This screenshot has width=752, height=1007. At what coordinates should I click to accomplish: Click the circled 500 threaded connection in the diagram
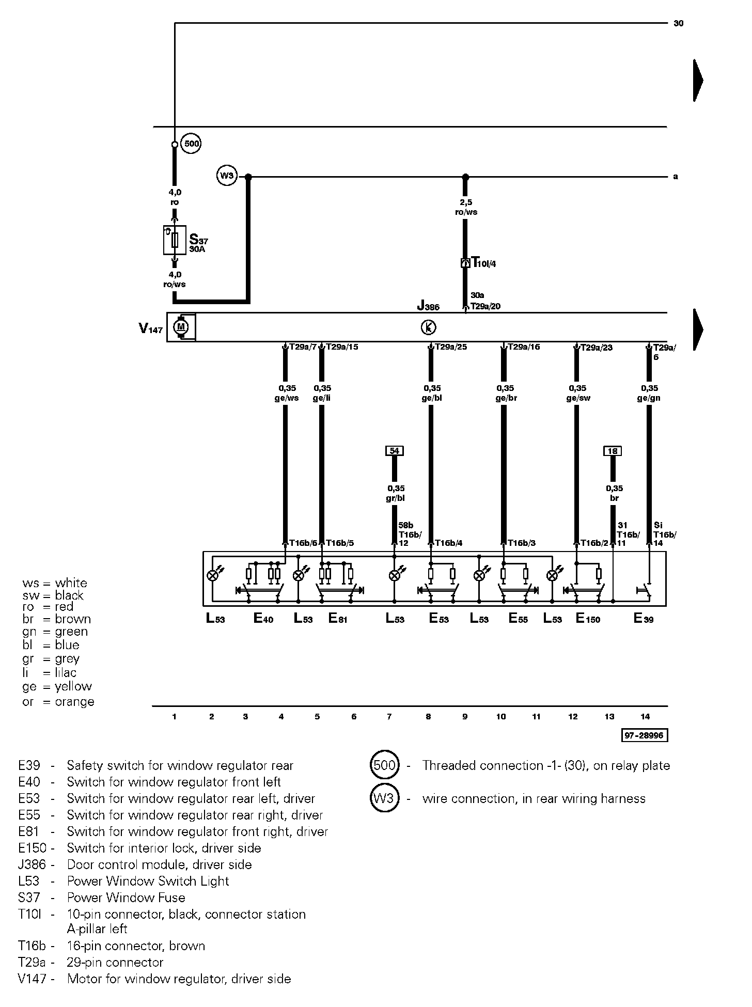(192, 144)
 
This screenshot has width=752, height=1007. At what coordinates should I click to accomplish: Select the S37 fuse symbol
(175, 240)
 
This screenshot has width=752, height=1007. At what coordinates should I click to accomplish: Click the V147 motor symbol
(181, 327)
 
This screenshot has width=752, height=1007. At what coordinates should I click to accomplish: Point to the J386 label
(428, 306)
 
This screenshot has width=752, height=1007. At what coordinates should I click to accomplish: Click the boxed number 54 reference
(394, 451)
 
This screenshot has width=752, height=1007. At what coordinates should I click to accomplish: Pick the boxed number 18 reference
(613, 451)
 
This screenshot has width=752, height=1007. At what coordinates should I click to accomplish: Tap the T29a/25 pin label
(451, 347)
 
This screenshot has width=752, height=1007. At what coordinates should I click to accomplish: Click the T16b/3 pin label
(522, 543)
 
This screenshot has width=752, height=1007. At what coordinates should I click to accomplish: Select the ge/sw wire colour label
(578, 398)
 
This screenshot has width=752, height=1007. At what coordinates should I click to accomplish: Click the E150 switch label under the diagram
(588, 618)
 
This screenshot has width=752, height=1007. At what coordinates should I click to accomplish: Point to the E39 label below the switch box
(644, 618)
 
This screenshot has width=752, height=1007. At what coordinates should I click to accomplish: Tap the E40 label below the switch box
(263, 618)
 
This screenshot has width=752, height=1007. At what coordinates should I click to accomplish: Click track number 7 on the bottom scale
(389, 716)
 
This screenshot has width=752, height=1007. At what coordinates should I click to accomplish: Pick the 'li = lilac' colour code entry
(50, 672)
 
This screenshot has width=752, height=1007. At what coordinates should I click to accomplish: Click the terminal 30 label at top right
(679, 23)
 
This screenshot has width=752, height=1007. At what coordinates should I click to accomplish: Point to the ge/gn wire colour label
(649, 398)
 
